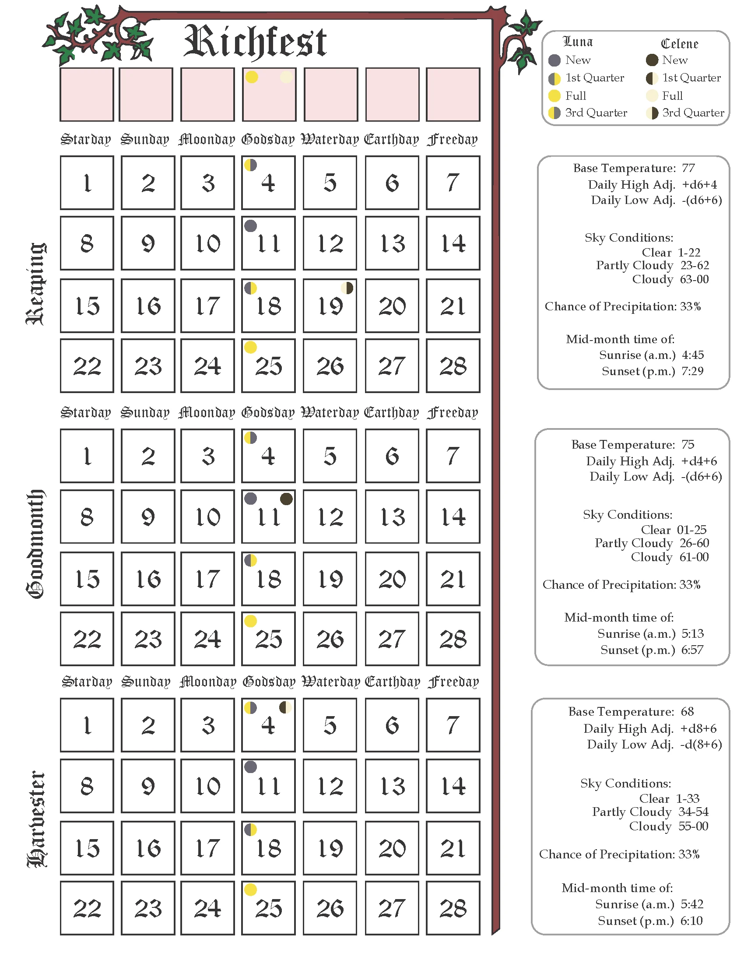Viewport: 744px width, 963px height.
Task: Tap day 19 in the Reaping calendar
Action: pos(330,306)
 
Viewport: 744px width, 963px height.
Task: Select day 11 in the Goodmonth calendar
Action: pos(268,517)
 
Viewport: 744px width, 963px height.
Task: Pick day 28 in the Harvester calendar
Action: pos(453,908)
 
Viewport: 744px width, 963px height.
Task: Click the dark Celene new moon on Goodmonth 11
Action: pos(287,499)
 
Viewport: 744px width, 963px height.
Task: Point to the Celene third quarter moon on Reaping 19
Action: pos(347,288)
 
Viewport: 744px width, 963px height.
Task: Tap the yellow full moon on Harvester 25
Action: pos(250,890)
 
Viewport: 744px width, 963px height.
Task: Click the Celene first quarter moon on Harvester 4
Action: pos(286,708)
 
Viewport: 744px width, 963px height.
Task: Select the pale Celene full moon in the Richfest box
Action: pos(286,77)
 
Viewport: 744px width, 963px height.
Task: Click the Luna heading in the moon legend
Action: pos(578,42)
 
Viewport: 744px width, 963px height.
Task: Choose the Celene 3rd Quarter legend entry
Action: pos(685,113)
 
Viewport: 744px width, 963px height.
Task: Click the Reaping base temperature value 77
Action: pos(688,168)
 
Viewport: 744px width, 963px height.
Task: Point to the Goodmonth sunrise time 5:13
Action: pos(692,634)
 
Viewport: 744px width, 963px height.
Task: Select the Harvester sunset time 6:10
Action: pos(691,921)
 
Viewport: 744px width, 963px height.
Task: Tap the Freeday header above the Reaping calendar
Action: pos(453,140)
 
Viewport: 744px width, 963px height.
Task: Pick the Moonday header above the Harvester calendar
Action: pos(207,682)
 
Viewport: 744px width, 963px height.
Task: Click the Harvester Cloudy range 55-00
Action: pos(693,826)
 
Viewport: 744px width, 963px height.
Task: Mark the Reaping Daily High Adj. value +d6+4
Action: pos(699,184)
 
